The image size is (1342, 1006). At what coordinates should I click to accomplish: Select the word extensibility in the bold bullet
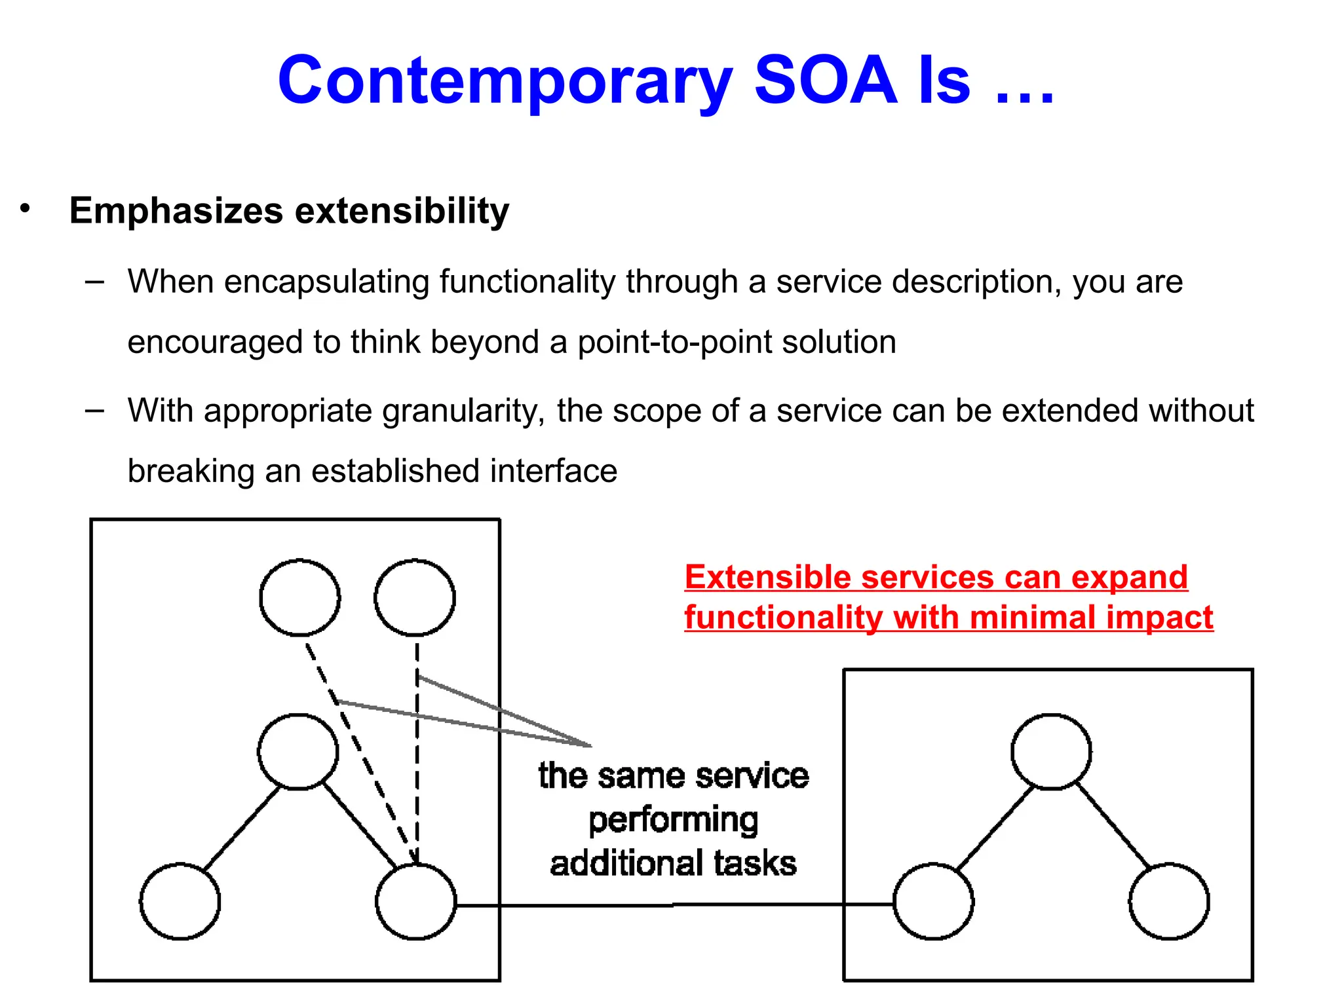pos(402,211)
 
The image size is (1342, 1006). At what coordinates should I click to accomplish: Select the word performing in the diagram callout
pos(673,821)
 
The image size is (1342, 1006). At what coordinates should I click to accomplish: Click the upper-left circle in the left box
pos(299,597)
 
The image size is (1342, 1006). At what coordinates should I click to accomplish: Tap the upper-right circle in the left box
pos(415,597)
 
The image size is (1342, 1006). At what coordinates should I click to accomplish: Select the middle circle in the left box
pos(298,752)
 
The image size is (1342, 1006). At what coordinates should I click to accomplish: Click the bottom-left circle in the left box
pos(180,902)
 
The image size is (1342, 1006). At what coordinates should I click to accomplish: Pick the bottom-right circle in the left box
pos(416,902)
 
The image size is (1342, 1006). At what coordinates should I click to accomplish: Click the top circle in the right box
pos(1051,752)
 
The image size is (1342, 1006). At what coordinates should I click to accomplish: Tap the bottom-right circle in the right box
pos(1169,902)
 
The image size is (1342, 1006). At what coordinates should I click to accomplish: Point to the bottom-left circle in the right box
pos(934,902)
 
